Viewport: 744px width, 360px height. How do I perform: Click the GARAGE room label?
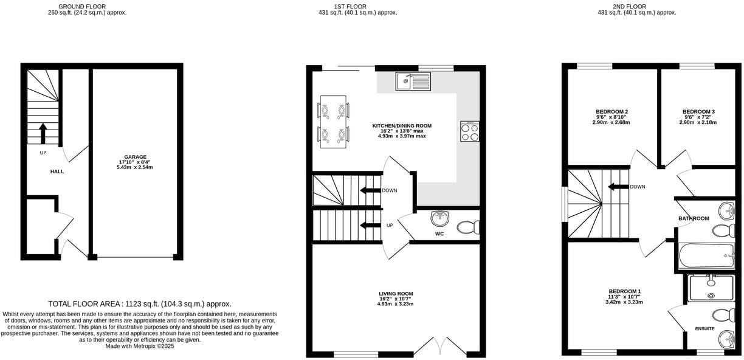click(135, 157)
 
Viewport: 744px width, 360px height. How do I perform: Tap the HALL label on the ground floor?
click(57, 171)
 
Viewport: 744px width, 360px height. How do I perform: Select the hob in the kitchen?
click(470, 131)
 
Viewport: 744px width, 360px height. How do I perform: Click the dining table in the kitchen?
click(334, 122)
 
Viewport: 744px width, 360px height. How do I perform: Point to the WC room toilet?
click(469, 227)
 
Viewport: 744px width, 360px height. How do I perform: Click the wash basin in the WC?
click(439, 218)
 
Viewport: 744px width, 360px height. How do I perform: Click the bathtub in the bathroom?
click(706, 256)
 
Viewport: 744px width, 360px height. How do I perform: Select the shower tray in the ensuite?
click(711, 288)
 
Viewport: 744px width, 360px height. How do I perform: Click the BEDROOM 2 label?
click(611, 112)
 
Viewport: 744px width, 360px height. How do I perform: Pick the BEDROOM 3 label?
click(698, 112)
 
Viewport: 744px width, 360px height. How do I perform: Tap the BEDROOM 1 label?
click(624, 291)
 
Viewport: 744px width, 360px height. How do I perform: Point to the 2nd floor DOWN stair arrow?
click(618, 187)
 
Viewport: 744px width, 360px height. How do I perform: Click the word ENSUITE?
click(705, 329)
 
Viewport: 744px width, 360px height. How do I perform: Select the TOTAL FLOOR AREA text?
click(140, 303)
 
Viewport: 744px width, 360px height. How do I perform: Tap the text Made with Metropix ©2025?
click(140, 346)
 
